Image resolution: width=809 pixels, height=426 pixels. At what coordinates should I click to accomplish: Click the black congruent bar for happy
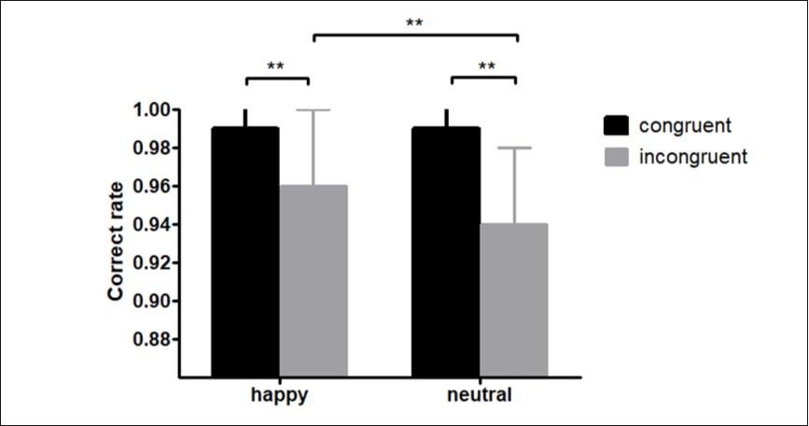click(x=244, y=252)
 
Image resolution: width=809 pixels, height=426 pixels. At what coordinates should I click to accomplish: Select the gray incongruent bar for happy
click(x=314, y=280)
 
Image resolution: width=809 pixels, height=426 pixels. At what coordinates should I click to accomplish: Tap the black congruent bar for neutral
click(x=447, y=252)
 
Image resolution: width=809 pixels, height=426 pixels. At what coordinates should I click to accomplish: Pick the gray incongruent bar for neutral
click(x=515, y=299)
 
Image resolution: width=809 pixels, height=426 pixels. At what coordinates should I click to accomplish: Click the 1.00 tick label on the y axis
click(x=150, y=110)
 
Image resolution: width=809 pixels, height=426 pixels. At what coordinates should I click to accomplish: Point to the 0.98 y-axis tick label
click(x=150, y=149)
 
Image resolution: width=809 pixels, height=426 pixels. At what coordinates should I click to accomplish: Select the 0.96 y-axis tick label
click(x=150, y=187)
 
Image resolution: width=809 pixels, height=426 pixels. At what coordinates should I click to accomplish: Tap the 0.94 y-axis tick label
click(x=150, y=225)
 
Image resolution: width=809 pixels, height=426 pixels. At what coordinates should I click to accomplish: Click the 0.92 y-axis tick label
click(x=150, y=263)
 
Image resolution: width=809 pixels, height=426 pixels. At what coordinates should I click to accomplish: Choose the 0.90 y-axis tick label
click(x=150, y=302)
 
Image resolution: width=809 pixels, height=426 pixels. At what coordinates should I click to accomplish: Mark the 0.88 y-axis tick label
click(x=150, y=340)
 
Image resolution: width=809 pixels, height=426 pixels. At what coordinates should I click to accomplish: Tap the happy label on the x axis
click(x=279, y=395)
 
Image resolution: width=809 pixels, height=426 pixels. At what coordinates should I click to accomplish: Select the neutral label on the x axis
click(x=481, y=395)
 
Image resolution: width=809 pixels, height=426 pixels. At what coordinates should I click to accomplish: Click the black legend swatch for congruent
click(x=614, y=124)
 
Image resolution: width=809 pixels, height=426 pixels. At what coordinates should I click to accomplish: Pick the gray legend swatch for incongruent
click(x=614, y=156)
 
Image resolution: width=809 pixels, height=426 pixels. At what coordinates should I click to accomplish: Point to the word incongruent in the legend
click(x=693, y=156)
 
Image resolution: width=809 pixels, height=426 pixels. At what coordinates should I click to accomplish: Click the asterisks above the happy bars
click(x=276, y=66)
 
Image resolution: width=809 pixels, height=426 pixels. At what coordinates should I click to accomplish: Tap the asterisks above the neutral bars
click(x=486, y=66)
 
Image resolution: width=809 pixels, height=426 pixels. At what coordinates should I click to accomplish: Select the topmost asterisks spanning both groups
click(x=415, y=23)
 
